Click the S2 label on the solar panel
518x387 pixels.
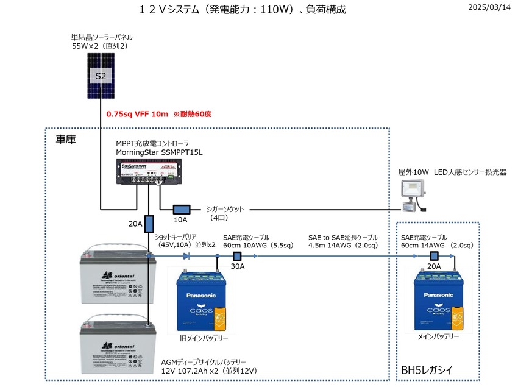coord(101,76)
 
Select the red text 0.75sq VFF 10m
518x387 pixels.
coord(137,114)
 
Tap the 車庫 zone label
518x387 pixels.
coord(66,140)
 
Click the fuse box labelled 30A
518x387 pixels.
coord(237,256)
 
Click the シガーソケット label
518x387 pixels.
coord(225,209)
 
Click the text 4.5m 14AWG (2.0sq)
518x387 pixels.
coord(342,246)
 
